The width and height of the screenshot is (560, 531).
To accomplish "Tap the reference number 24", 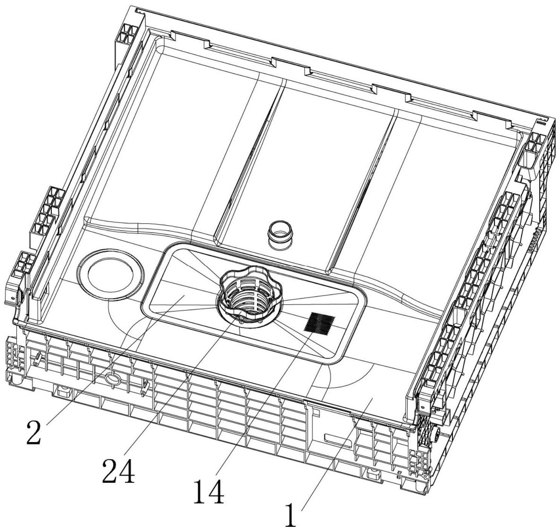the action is click(x=118, y=470).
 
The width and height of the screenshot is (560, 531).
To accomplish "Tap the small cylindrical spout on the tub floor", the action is click(x=280, y=235).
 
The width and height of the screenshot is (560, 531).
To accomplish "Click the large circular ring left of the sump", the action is click(x=110, y=274).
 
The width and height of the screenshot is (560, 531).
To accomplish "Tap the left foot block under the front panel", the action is click(x=62, y=391).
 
